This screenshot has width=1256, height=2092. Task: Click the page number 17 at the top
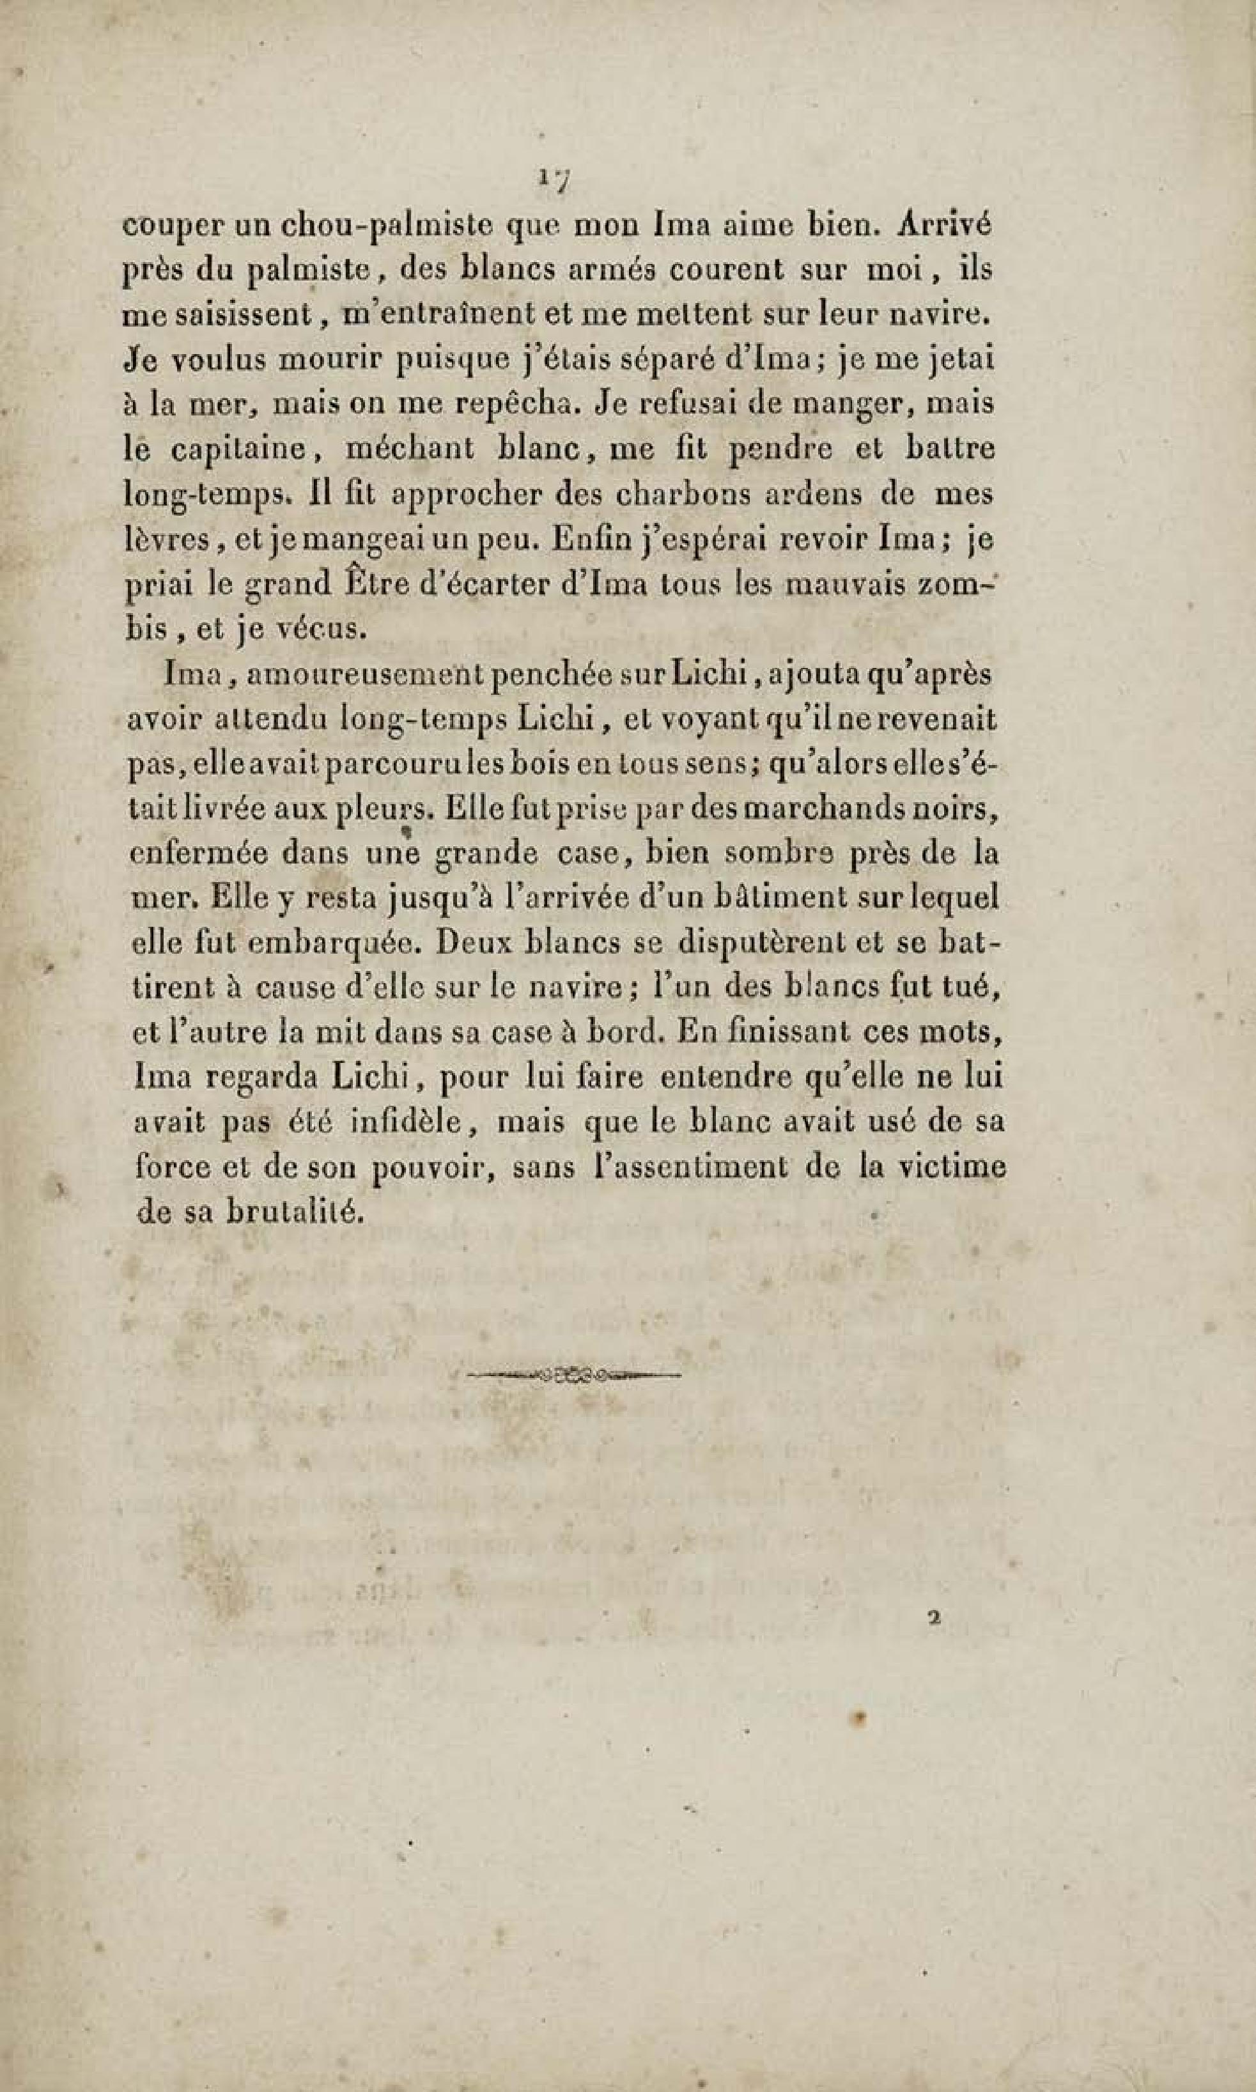click(554, 180)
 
